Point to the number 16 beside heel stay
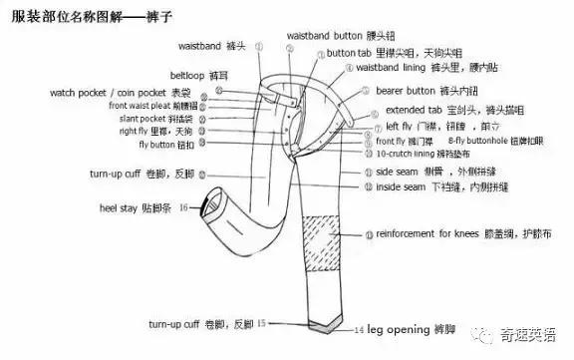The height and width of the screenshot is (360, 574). click(x=183, y=207)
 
